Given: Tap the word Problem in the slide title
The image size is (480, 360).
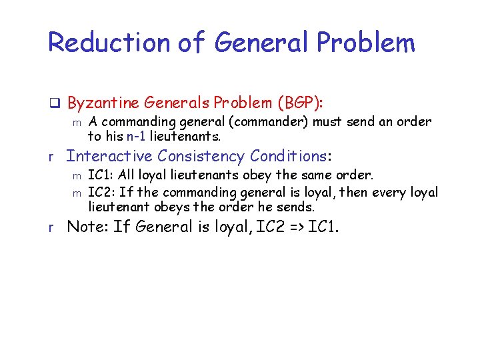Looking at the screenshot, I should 365,43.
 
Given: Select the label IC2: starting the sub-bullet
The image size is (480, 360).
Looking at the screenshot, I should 102,193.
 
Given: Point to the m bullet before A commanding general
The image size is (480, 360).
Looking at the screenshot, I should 77,123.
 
